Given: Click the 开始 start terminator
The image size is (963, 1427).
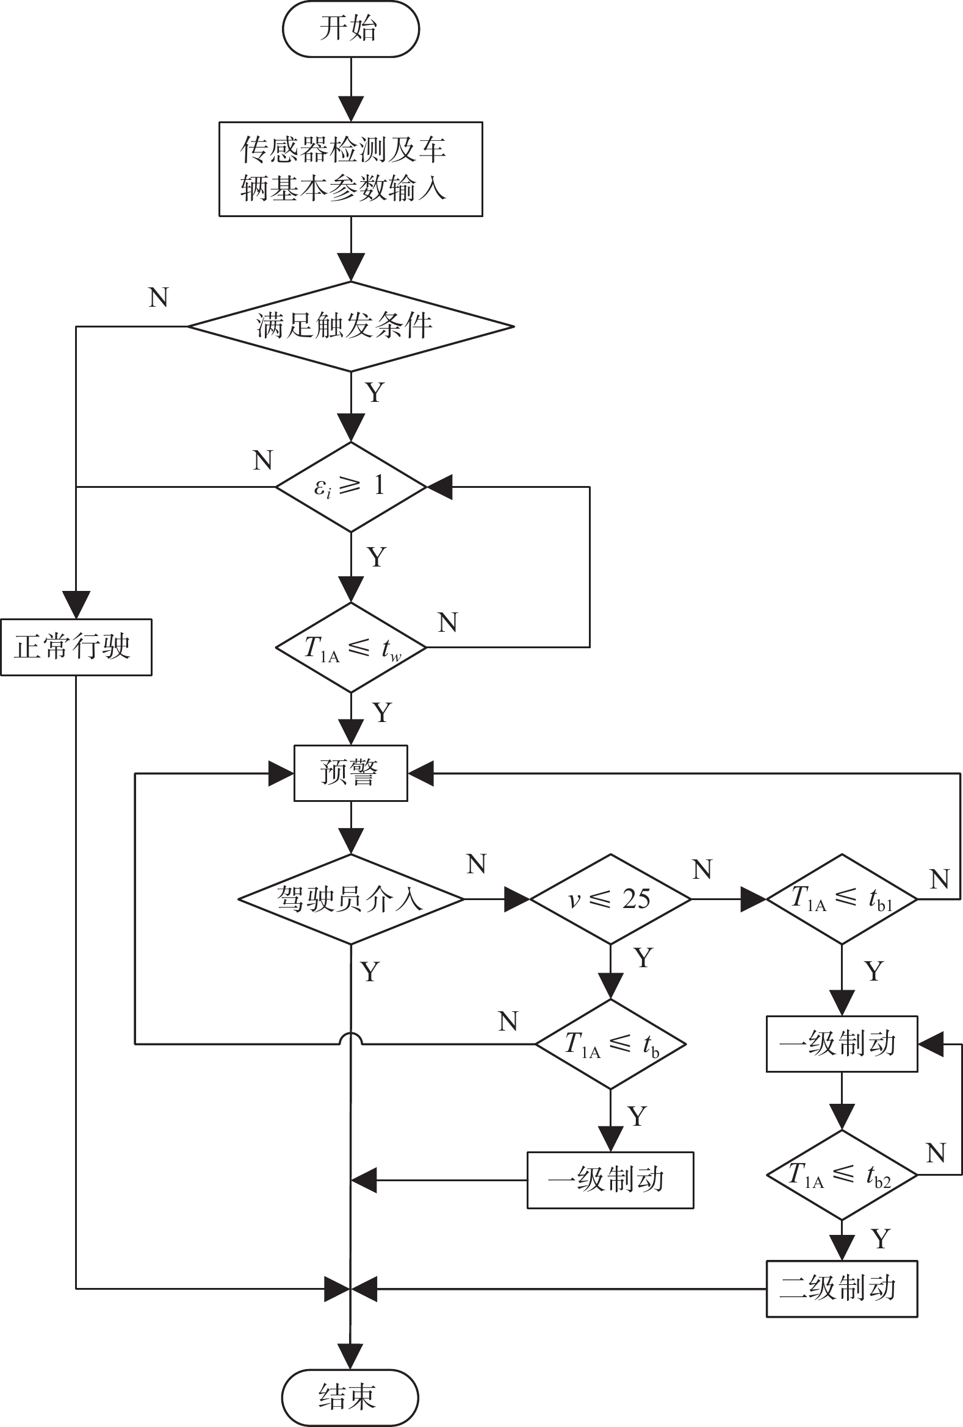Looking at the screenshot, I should [351, 29].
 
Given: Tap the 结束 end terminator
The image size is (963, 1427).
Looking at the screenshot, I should [350, 1398].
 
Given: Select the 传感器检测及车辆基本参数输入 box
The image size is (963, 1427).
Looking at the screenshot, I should [351, 169].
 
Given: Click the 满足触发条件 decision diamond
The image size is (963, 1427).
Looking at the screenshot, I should [351, 326].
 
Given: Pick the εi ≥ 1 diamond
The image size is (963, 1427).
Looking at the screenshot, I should [351, 487].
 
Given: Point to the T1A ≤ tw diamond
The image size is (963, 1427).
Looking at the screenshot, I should [351, 648].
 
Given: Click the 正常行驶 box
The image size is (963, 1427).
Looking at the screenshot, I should [76, 647].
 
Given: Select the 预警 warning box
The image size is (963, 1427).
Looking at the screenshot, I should [351, 773].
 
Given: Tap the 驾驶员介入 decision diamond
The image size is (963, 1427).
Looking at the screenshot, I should [351, 899].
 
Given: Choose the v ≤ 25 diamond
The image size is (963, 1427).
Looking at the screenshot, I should [610, 899].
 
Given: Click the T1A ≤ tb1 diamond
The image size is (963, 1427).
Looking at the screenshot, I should [842, 899].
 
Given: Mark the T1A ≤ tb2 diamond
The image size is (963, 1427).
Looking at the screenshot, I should [842, 1175].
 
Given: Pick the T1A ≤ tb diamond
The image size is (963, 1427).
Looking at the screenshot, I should [610, 1044].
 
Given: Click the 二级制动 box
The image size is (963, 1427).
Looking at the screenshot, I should [842, 1289].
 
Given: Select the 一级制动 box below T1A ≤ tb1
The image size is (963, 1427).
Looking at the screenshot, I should [842, 1044].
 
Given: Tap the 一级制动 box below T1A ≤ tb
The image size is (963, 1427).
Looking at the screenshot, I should [610, 1180].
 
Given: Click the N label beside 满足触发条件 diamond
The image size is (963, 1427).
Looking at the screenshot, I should [159, 298].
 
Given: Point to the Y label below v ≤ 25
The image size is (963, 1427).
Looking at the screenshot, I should [643, 958].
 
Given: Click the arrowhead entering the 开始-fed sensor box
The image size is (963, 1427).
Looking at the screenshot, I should [352, 109].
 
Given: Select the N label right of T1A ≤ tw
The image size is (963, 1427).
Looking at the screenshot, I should [448, 623].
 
